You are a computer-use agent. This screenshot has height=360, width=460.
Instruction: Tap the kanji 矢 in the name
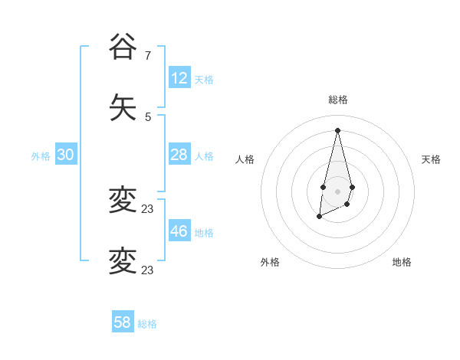(123, 108)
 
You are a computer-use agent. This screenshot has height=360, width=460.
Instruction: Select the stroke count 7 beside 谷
(148, 55)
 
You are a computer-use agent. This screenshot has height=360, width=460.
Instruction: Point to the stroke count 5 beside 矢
(148, 117)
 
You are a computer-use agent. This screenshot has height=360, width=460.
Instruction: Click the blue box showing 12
(179, 78)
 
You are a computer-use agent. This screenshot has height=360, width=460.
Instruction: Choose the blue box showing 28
(179, 155)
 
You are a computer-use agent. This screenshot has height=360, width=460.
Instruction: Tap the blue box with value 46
(179, 231)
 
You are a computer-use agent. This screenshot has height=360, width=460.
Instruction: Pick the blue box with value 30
(66, 155)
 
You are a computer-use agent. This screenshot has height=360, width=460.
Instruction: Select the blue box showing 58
(123, 322)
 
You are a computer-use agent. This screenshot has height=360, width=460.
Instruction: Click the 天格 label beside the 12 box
(204, 80)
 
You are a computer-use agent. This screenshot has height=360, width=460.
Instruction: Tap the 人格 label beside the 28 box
(204, 156)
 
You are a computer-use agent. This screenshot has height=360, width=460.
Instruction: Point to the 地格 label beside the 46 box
(204, 233)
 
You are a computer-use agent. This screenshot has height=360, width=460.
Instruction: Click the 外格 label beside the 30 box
(41, 156)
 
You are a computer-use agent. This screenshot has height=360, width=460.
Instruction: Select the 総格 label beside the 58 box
(147, 324)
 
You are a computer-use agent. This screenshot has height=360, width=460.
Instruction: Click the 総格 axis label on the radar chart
(338, 100)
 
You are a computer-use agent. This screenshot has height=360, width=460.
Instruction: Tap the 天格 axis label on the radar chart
(431, 159)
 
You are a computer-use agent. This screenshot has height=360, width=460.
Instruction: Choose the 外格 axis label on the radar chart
(270, 262)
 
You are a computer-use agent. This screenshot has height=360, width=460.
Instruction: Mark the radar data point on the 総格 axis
(337, 129)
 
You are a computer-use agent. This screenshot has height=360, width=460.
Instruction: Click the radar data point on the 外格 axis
(319, 218)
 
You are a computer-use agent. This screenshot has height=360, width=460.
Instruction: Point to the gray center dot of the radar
(337, 190)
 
